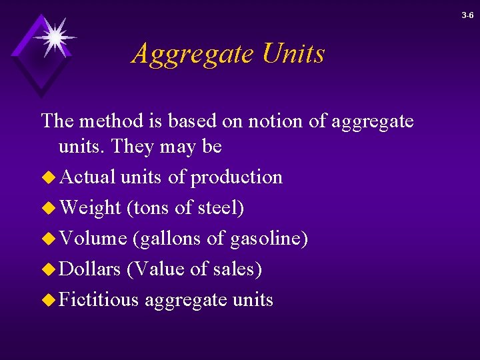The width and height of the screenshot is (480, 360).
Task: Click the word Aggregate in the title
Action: [x=193, y=54]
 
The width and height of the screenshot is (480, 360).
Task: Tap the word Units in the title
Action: [x=293, y=53]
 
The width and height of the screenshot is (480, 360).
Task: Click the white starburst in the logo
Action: [x=53, y=36]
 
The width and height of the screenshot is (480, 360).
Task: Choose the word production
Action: [x=236, y=178]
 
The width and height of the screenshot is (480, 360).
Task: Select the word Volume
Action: [x=93, y=239]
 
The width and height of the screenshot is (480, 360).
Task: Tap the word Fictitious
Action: [x=99, y=300]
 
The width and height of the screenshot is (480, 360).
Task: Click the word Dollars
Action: [x=90, y=269]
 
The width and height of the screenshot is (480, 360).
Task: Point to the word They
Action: [x=135, y=147]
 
